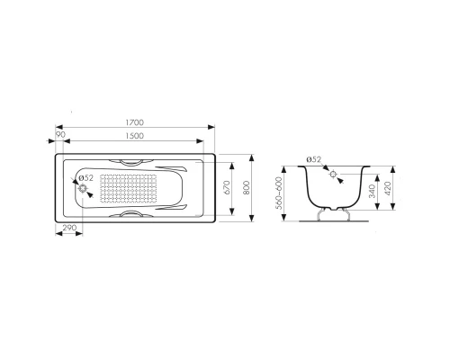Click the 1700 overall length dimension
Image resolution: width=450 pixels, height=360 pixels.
pyautogui.click(x=135, y=122)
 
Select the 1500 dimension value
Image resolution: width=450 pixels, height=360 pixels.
pyautogui.click(x=135, y=136)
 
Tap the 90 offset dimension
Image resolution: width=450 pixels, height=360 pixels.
pyautogui.click(x=60, y=135)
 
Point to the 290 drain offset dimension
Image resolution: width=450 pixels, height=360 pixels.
pyautogui.click(x=69, y=228)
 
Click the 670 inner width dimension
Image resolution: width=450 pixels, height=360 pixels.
pyautogui.click(x=227, y=187)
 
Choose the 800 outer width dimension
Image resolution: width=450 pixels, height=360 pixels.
pyautogui.click(x=247, y=188)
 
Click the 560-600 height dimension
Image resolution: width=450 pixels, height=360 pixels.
pyautogui.click(x=279, y=193)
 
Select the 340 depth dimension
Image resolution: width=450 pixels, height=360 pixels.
pyautogui.click(x=372, y=192)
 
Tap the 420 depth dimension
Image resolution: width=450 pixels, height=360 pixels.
pyautogui.click(x=388, y=188)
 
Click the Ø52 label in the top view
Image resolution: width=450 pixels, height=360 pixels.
pyautogui.click(x=86, y=178)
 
